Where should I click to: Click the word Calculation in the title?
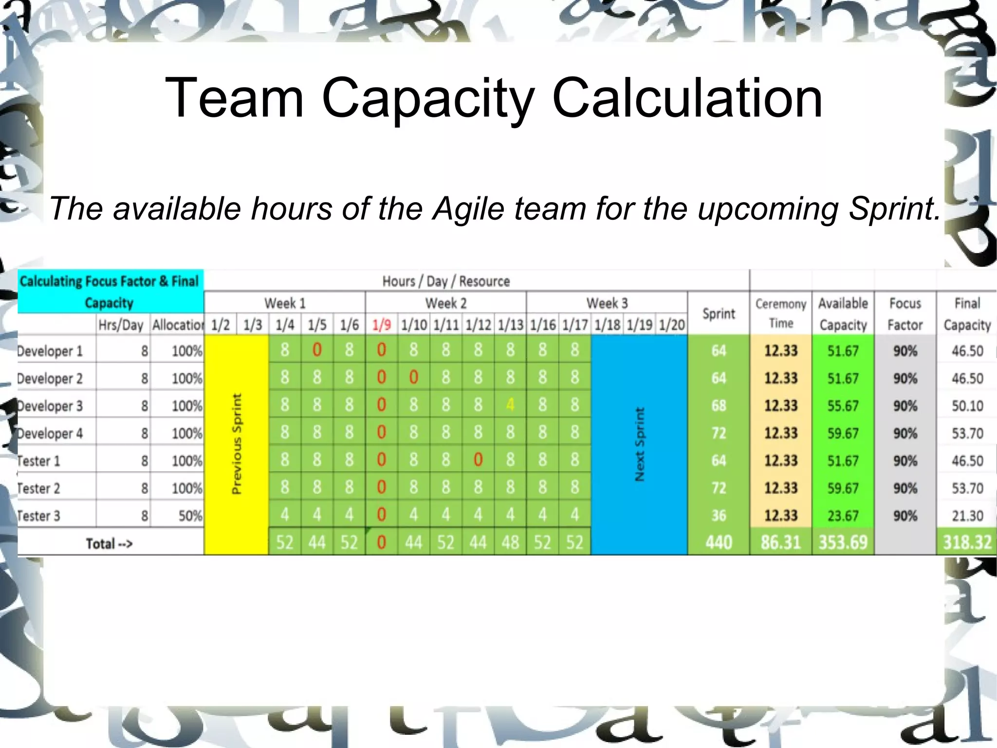click(x=687, y=98)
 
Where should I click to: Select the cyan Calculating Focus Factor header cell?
click(x=110, y=291)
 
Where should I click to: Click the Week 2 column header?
click(x=445, y=303)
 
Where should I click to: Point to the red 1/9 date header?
click(x=381, y=325)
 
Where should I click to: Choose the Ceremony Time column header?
click(x=780, y=313)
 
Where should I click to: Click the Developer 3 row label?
click(x=50, y=405)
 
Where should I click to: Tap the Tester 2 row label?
click(x=38, y=488)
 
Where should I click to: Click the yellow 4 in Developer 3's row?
click(x=510, y=404)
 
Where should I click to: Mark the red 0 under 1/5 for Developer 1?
click(x=317, y=350)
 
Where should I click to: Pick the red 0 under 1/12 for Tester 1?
click(x=478, y=460)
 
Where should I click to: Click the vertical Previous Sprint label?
click(x=236, y=443)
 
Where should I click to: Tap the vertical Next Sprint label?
click(x=639, y=443)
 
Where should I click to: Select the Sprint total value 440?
click(x=719, y=542)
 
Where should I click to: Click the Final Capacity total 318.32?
click(x=967, y=542)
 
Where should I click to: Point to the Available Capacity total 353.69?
click(x=843, y=542)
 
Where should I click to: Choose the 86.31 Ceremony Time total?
click(x=780, y=542)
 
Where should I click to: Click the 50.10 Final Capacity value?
click(x=967, y=405)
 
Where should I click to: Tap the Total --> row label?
click(x=109, y=543)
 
